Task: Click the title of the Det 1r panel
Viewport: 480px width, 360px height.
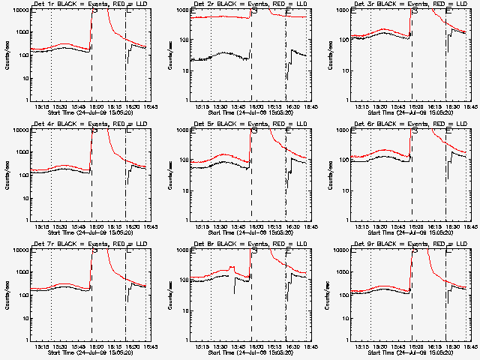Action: (82, 4)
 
